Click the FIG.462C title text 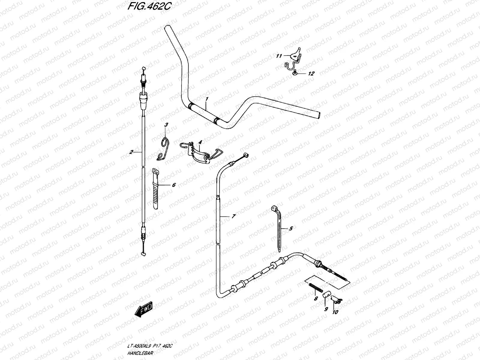(x=149, y=6)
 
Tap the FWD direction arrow (x=143, y=309)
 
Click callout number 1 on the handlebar (x=207, y=99)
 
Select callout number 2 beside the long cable (x=131, y=152)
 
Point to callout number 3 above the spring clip (x=166, y=125)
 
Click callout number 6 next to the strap (x=174, y=185)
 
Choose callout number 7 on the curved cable (x=233, y=216)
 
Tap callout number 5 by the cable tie (x=291, y=229)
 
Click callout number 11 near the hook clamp (x=279, y=56)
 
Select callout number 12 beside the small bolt (x=311, y=74)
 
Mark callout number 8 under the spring (x=316, y=299)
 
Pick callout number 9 (x=326, y=309)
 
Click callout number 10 (x=335, y=312)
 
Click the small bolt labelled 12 (x=294, y=72)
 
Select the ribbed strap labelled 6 (x=155, y=189)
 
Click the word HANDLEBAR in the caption (x=140, y=353)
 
